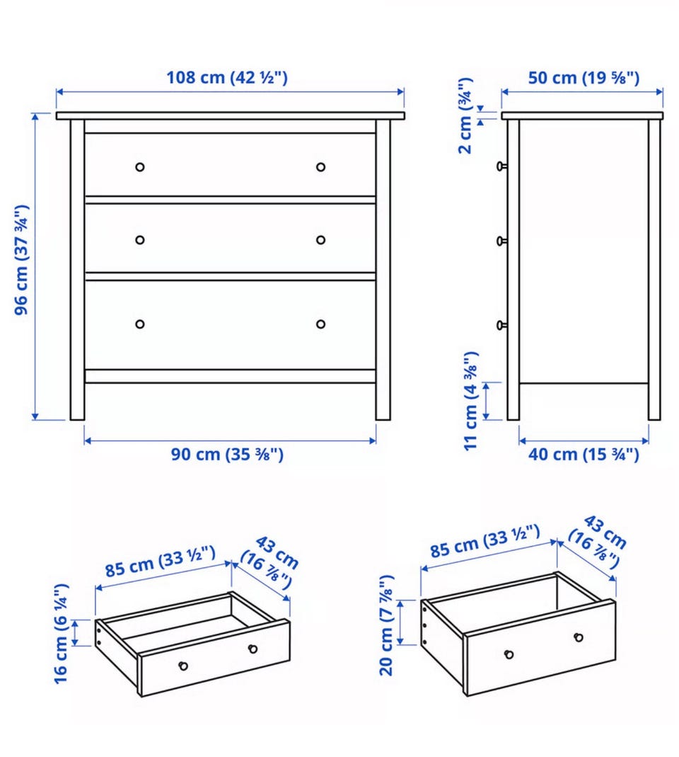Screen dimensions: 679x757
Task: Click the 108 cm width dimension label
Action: coord(226,78)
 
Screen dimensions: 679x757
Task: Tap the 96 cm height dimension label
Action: coord(22,260)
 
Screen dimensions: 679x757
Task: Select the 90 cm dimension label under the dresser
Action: coord(227,455)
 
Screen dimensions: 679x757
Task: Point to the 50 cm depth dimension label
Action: coord(584,78)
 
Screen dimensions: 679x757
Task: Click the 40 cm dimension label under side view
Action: coord(584,455)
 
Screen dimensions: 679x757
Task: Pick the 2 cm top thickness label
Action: coord(465,116)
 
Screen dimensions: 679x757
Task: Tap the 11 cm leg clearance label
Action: coord(470,402)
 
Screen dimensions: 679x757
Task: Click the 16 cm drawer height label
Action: coord(62,634)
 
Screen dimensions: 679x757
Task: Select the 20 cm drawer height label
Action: coord(387,625)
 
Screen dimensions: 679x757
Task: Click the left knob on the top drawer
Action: coord(140,167)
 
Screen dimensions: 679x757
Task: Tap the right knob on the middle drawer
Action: coord(320,240)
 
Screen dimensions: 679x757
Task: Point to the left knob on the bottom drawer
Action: coord(140,324)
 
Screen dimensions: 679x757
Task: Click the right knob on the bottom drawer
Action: coord(320,324)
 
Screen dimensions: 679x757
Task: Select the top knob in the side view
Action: coord(501,166)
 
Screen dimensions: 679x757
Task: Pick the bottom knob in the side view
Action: coord(501,326)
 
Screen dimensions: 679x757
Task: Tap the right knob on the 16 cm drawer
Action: coord(253,649)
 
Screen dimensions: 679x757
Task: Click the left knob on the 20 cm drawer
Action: coord(509,654)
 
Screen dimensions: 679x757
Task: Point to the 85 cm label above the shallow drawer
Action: coord(160,562)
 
